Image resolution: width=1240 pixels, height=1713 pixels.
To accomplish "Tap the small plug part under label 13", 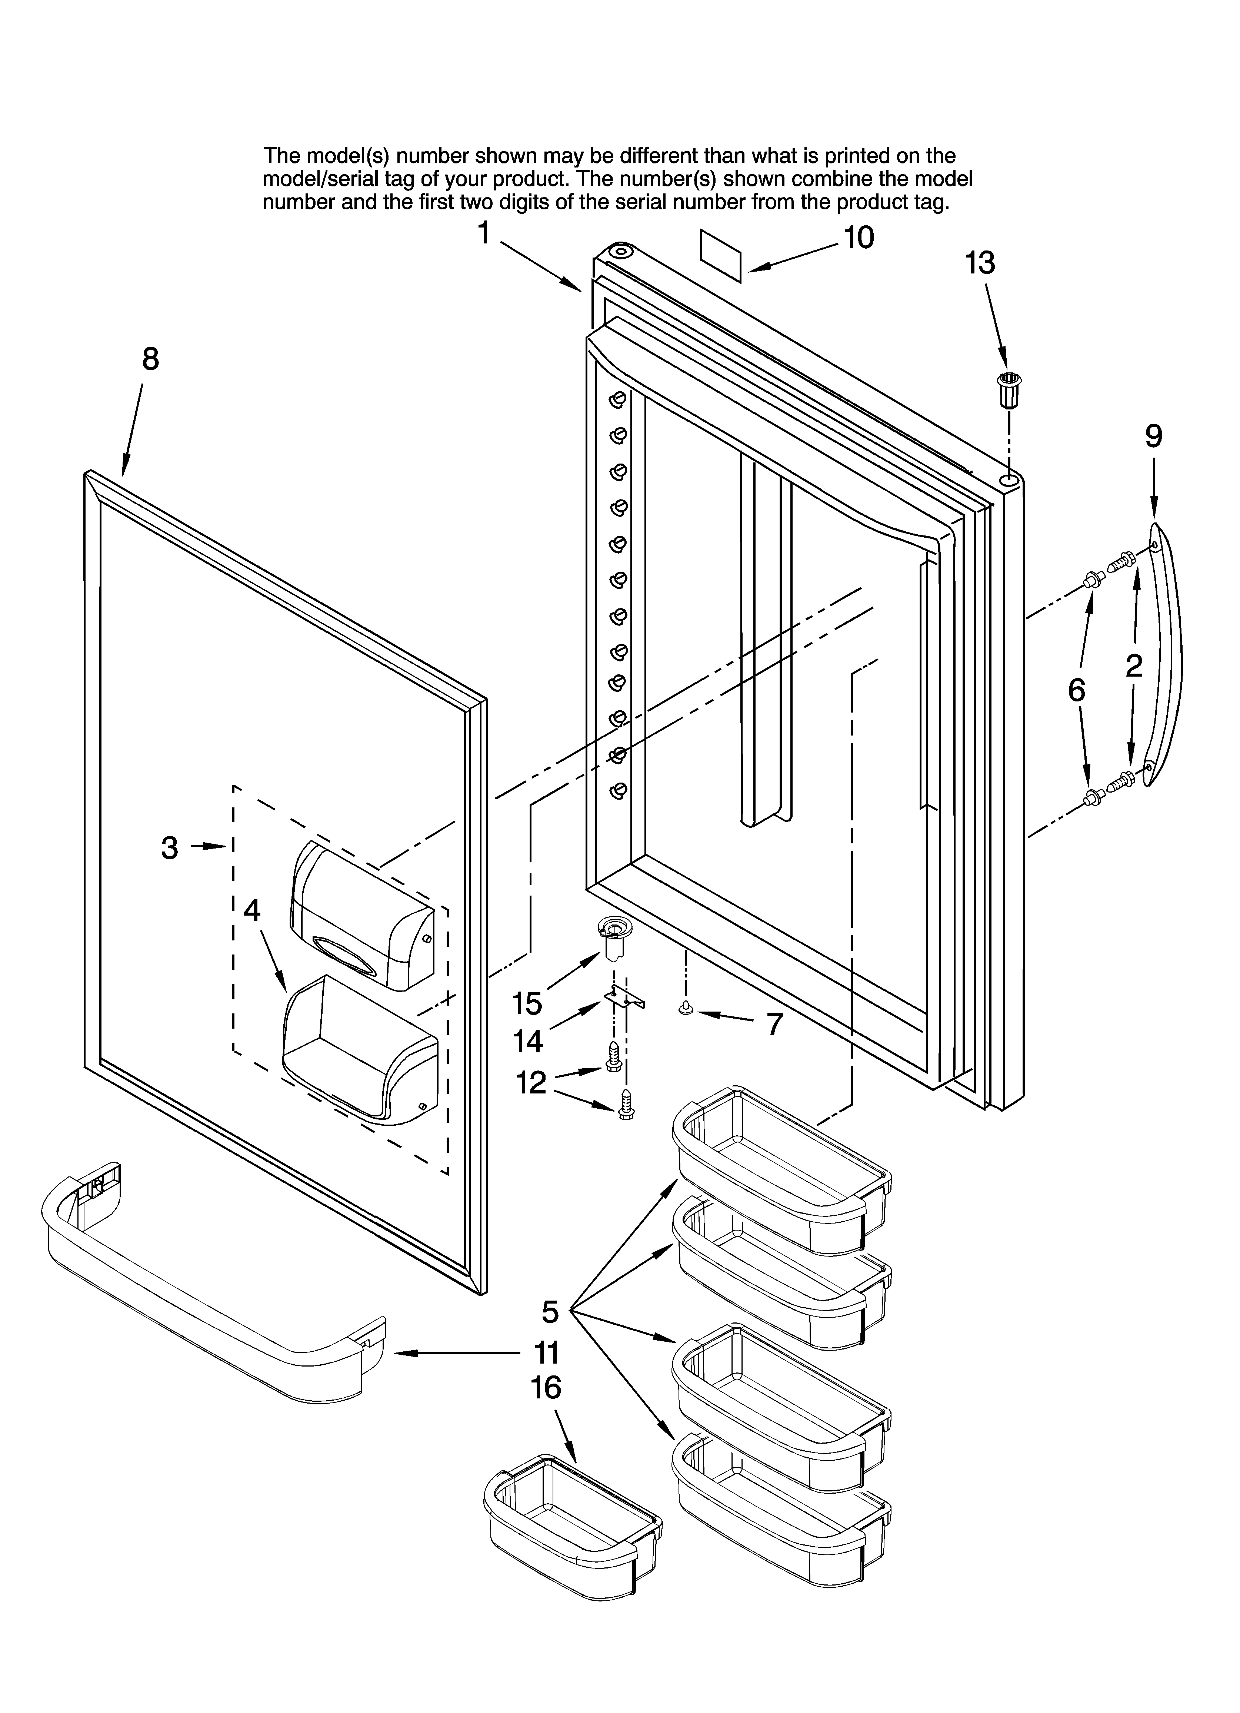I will pyautogui.click(x=1007, y=389).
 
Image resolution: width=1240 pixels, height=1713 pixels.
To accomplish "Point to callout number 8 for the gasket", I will pyautogui.click(x=151, y=359).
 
